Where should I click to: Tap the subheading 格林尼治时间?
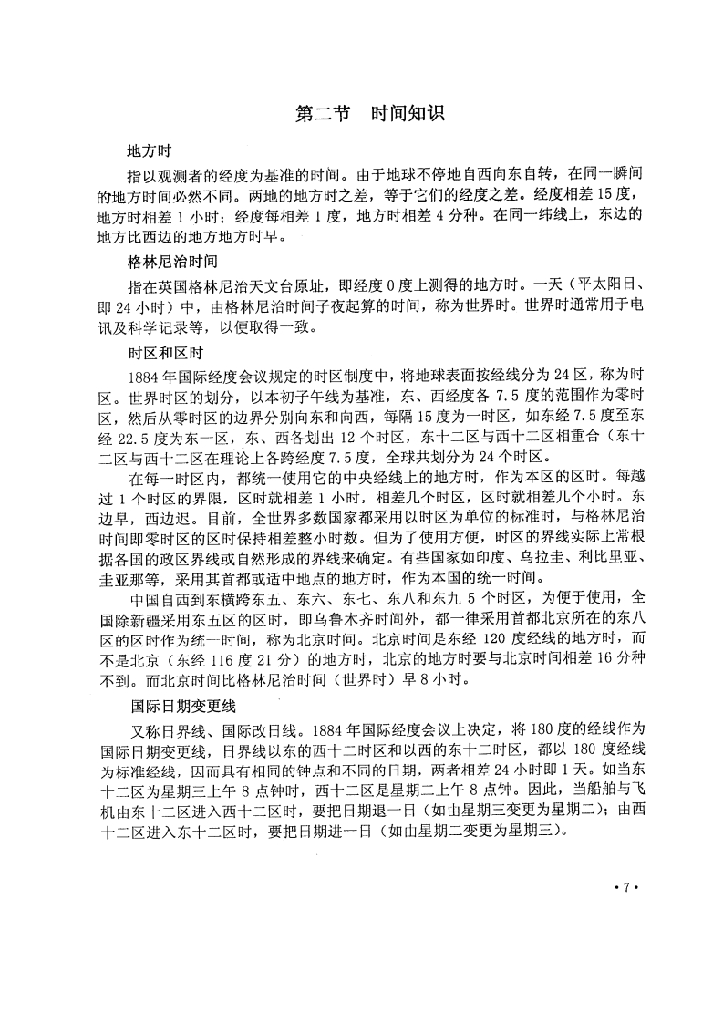(172, 262)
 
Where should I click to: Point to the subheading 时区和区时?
(163, 352)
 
